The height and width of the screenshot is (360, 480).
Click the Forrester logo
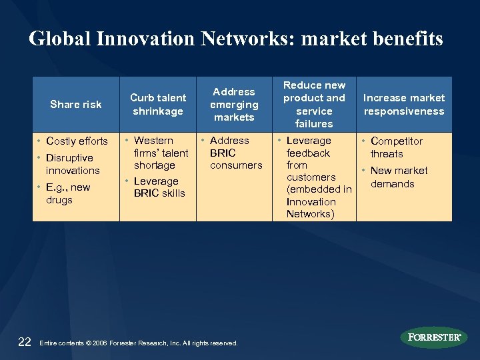coord(434,337)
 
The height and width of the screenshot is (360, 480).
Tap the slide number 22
coord(25,342)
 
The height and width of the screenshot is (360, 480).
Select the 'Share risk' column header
coord(76,104)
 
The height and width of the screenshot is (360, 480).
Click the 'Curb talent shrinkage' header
coord(158,104)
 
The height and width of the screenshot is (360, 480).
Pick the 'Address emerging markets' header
coord(234,104)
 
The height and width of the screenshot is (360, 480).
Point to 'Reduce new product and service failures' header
coord(314,104)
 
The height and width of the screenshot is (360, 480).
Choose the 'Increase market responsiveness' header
coord(404,104)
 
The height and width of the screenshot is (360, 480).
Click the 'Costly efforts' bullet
coord(77,141)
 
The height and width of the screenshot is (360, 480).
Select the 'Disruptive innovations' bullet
coord(73,164)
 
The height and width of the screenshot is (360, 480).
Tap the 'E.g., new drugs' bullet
coord(68,193)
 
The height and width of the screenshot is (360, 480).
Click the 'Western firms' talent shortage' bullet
coord(161,153)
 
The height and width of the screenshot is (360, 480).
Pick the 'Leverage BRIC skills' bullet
coord(159,187)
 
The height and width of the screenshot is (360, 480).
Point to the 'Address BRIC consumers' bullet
coord(235,153)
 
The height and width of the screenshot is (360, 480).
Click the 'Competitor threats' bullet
coord(396,147)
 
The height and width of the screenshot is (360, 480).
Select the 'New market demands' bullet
coord(399,177)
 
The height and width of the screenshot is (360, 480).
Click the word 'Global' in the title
coord(60,39)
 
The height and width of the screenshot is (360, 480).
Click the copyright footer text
coord(139,343)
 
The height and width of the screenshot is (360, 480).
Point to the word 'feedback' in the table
coord(308,153)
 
